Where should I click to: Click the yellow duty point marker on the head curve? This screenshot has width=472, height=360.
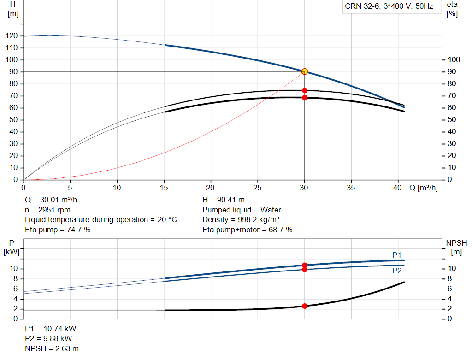click(304, 71)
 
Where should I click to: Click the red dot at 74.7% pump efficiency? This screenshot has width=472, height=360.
click(304, 91)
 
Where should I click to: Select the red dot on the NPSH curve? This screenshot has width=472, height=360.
click(304, 306)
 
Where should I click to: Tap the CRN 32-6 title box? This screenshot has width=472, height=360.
click(389, 6)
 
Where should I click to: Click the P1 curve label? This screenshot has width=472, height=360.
click(397, 255)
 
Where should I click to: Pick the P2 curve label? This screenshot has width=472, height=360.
click(397, 271)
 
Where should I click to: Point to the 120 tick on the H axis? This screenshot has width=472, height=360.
click(12, 36)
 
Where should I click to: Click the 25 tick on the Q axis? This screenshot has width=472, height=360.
click(257, 188)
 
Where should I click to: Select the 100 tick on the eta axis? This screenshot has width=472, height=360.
click(454, 59)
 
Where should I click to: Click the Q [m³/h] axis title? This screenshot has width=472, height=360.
click(423, 188)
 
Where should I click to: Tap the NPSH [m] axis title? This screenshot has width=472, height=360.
click(456, 248)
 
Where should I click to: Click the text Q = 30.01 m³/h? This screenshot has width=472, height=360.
click(51, 200)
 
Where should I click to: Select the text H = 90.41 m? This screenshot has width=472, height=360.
click(224, 200)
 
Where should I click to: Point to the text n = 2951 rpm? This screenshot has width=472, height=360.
click(47, 210)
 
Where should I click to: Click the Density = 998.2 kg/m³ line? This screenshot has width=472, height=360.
click(241, 220)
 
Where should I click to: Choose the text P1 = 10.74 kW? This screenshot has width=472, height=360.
click(51, 329)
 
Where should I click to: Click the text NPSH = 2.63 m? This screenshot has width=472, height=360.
click(52, 348)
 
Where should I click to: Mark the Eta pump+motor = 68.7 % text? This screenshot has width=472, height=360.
click(248, 230)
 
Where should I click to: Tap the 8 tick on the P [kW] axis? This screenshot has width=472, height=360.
click(15, 279)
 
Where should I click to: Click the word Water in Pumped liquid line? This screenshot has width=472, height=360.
click(271, 210)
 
